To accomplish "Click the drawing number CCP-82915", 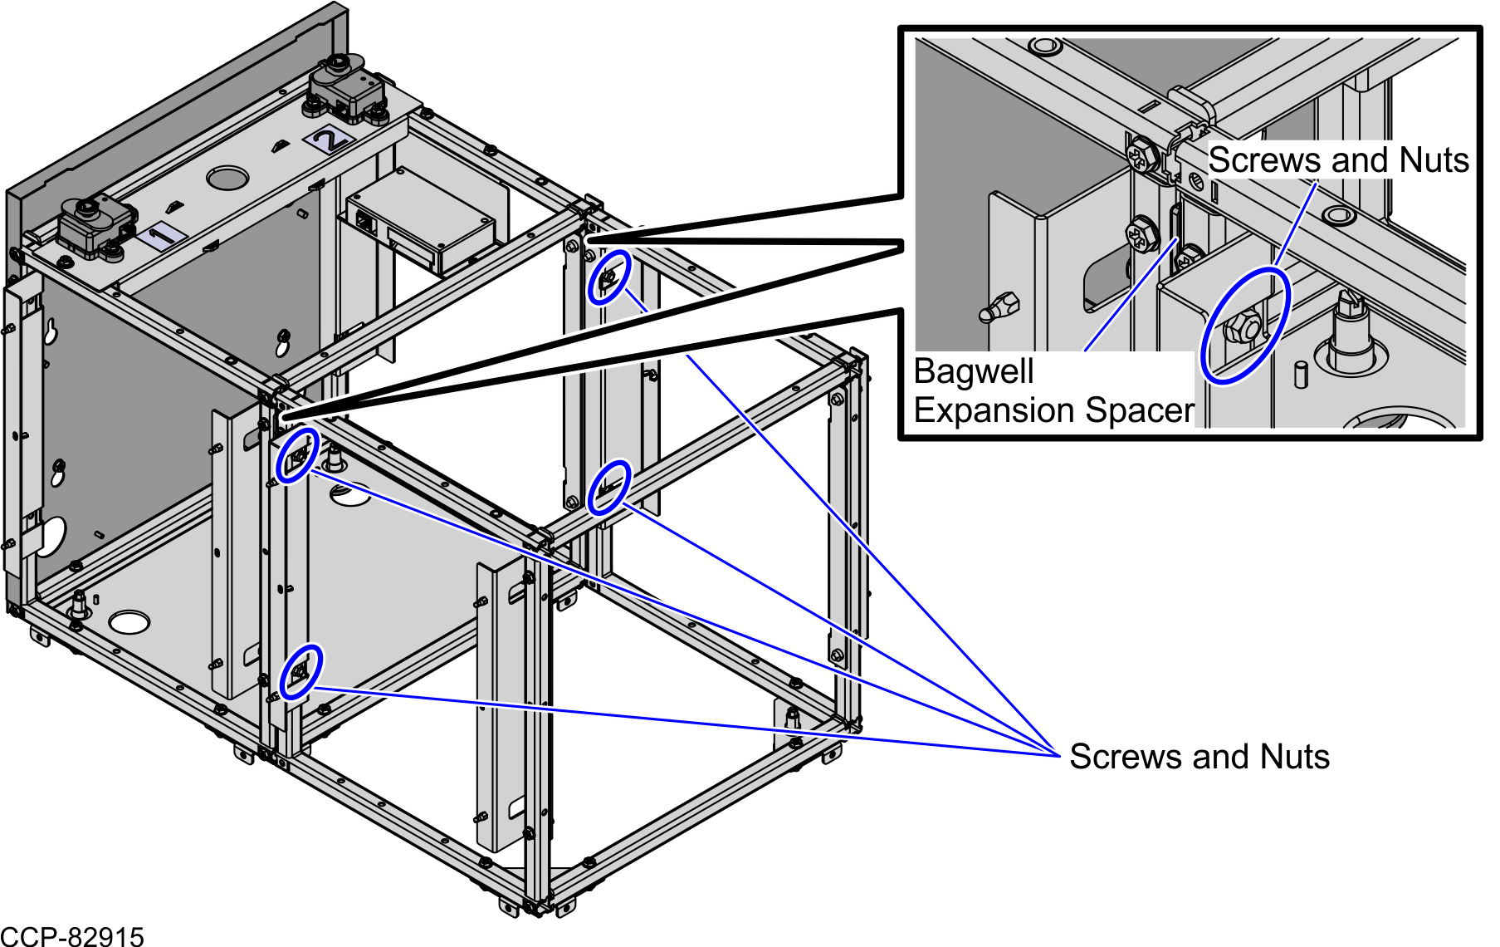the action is point(72,937).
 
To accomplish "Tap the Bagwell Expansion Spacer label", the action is point(1053,391).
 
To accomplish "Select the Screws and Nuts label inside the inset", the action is point(1338,160).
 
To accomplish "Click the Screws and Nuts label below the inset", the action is point(1200,757).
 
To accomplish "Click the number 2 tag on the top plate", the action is point(330,139).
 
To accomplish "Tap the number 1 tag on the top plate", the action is point(161,236).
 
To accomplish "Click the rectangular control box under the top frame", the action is point(421,220).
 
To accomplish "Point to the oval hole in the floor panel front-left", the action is point(129,621).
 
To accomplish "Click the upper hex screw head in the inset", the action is point(1143,156).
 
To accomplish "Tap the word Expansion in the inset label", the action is point(994,410).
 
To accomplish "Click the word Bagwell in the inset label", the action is point(974,372).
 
